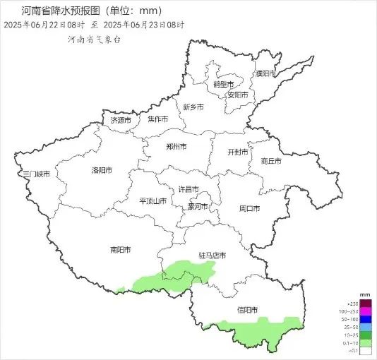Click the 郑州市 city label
[174, 147]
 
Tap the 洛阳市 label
[103, 170]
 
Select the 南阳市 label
[121, 249]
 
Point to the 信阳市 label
[247, 310]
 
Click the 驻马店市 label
[213, 255]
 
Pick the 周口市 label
[249, 208]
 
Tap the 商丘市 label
[270, 161]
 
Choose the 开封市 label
[238, 152]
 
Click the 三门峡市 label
[36, 174]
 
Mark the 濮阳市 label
[266, 74]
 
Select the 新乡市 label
[193, 107]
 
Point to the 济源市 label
[121, 121]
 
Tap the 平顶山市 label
[152, 200]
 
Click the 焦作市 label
[158, 119]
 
